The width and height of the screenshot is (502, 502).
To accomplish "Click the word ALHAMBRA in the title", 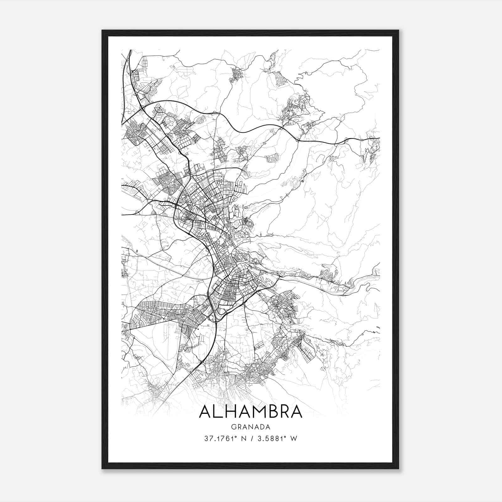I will (250, 411).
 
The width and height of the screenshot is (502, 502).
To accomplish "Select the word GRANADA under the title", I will (250, 427).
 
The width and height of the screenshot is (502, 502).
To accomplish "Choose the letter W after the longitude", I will (294, 439).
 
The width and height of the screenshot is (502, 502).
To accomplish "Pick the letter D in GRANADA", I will (262, 427).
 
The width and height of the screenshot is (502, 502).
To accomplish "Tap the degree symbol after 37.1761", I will (234, 437).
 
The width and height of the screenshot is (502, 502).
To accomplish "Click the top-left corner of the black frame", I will (103, 31).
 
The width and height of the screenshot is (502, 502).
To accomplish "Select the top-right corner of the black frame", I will (398, 31).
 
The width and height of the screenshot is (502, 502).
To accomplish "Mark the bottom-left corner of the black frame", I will (103, 468).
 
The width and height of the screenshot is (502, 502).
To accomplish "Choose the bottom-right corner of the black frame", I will (398, 468).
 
